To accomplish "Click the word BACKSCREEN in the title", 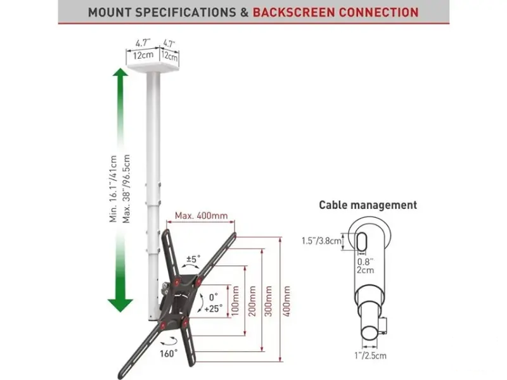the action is click(x=294, y=13).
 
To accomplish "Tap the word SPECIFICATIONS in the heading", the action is click(x=185, y=13).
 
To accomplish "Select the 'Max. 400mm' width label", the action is click(x=201, y=215).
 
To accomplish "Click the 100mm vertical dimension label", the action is click(x=235, y=300).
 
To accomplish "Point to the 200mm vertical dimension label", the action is click(x=252, y=300).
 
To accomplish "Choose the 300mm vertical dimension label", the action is click(x=269, y=300).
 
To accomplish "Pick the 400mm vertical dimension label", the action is click(x=286, y=300).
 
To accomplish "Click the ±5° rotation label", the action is click(x=193, y=259).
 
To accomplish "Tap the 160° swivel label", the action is click(x=169, y=353).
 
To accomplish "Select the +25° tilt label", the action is click(x=214, y=308).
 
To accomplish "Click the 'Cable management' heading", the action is click(x=368, y=205).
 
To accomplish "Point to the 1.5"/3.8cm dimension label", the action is click(x=321, y=241).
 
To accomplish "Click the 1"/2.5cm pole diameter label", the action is click(x=370, y=356).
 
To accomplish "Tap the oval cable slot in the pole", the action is click(x=361, y=241).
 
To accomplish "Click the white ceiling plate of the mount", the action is click(x=153, y=68).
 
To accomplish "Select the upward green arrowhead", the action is click(x=120, y=72).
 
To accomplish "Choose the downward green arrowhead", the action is click(x=120, y=305).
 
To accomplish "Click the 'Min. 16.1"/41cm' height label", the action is click(x=113, y=189).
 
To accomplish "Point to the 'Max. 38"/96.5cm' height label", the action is click(x=126, y=189).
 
